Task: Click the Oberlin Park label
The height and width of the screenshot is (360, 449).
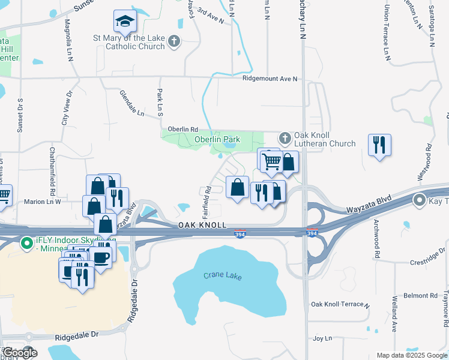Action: (x=217, y=139)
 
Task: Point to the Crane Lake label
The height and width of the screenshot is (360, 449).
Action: (x=221, y=275)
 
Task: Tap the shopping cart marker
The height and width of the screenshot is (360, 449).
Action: (x=271, y=160)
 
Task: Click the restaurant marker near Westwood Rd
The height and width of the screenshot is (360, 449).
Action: (x=379, y=145)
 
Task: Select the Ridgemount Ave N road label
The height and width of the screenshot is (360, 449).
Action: (x=270, y=79)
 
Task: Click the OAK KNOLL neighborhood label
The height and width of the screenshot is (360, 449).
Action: (x=202, y=224)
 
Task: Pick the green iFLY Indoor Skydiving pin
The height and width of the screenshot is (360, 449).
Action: (x=26, y=243)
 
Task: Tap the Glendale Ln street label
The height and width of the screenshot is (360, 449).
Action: (x=132, y=104)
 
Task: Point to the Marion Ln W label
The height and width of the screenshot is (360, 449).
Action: (x=43, y=202)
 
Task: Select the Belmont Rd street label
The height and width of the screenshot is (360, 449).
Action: (x=420, y=296)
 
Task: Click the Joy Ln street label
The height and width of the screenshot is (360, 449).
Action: (x=322, y=338)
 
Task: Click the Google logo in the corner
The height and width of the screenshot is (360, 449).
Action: (x=20, y=352)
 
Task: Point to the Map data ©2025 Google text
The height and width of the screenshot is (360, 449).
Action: (x=411, y=355)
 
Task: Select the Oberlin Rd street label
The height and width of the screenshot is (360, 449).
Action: (x=182, y=129)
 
